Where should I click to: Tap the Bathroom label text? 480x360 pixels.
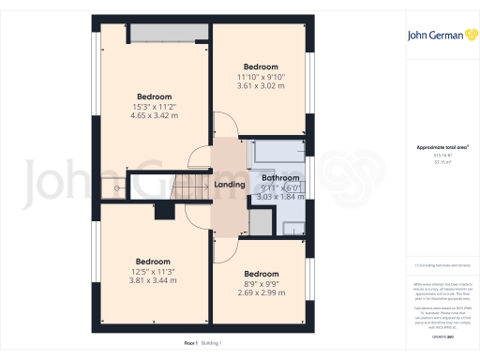click(280, 177)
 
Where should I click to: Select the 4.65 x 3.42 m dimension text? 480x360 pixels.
click(155, 115)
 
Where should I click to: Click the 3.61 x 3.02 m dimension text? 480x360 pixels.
click(261, 86)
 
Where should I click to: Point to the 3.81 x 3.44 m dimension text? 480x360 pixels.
click(153, 279)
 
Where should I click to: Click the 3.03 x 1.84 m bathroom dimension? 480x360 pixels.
click(280, 197)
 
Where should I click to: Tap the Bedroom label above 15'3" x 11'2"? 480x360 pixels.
click(155, 97)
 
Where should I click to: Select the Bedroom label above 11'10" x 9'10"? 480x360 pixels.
click(261, 67)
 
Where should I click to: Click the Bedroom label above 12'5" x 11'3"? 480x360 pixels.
click(153, 261)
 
